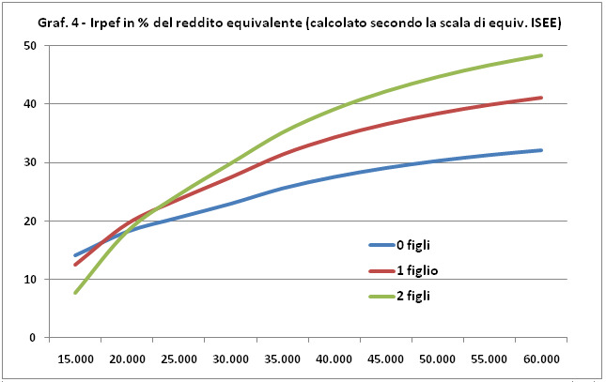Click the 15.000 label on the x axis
[x=75, y=359]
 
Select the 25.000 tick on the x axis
[x=179, y=359]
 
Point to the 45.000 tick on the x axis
[x=386, y=359]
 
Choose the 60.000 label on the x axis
[x=542, y=359]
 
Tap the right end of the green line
[x=542, y=55]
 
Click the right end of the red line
[x=542, y=98]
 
